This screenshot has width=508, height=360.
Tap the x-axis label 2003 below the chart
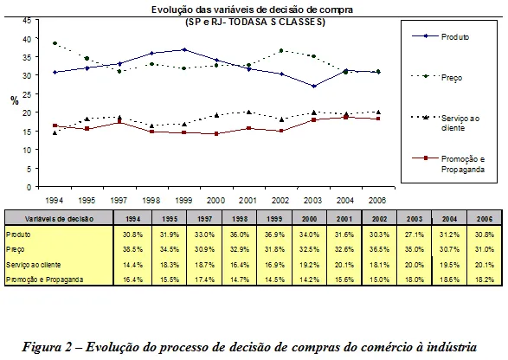click(314, 198)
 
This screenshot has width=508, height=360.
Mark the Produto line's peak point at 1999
click(184, 50)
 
